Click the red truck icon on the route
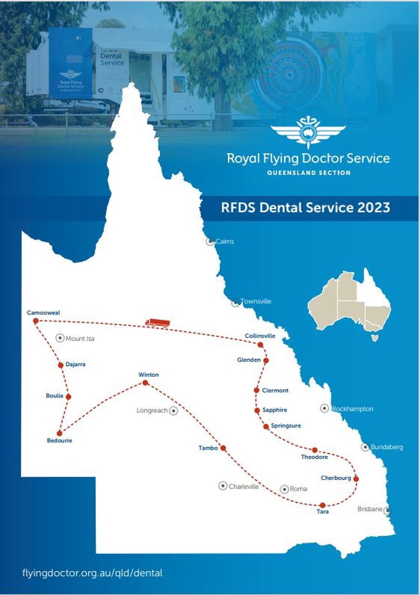tap(157, 322)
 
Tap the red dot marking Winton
tap(145, 383)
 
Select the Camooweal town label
tap(43, 313)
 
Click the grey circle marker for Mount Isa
tap(60, 338)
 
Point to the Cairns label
tap(224, 242)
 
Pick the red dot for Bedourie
tap(59, 433)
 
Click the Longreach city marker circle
tap(174, 411)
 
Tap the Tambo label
tap(208, 448)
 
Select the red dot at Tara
tap(322, 505)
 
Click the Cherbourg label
tap(336, 478)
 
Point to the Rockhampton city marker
tap(324, 408)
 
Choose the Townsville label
tap(256, 301)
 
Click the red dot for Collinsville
tap(260, 345)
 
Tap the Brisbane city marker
tap(387, 510)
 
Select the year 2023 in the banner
tap(374, 208)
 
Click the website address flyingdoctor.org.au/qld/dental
tap(92, 573)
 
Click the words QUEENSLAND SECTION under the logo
tap(308, 173)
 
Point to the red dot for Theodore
tap(315, 450)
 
